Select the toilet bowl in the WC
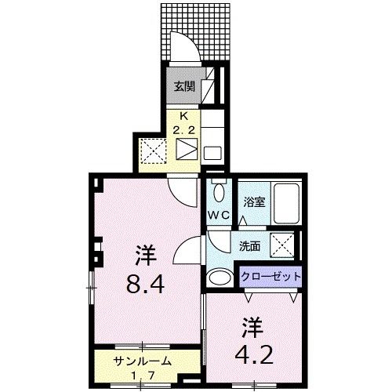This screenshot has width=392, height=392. coord(219,191)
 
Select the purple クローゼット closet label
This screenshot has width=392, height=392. coord(269,277)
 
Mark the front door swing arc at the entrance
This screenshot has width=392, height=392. coord(182,47)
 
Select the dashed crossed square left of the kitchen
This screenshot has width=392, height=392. coord(151,150)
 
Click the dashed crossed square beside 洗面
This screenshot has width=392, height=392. coord(283,245)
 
